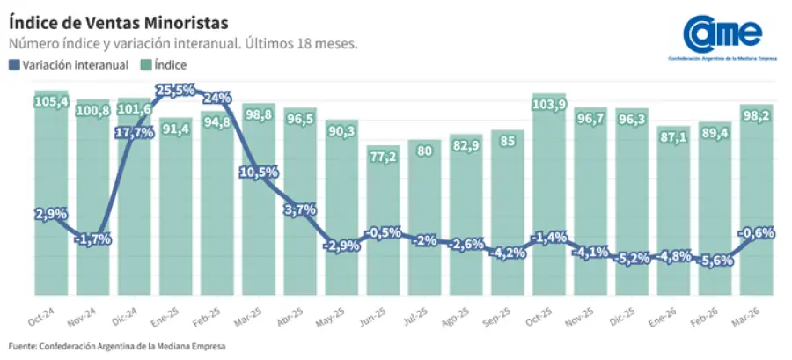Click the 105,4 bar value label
click(52, 101)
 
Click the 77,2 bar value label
click(383, 157)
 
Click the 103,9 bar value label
click(548, 105)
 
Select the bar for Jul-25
click(424, 220)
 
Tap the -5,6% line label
click(715, 261)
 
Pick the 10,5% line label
click(259, 172)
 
